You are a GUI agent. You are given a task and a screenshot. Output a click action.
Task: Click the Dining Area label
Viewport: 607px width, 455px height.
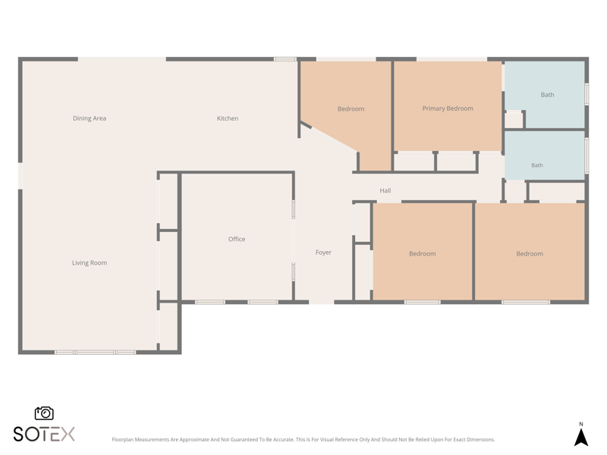click(90, 118)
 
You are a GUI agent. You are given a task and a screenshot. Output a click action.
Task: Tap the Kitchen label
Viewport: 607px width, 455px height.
click(228, 118)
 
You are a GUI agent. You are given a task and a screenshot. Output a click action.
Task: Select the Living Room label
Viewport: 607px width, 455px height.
click(90, 263)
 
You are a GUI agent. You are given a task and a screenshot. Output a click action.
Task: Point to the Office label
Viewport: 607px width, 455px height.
click(237, 239)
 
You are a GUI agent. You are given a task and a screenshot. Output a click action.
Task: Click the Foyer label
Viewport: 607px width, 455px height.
click(323, 253)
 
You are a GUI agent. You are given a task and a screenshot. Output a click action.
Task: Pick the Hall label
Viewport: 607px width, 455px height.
click(385, 190)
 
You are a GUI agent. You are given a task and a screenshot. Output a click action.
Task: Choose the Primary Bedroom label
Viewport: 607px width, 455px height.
click(448, 108)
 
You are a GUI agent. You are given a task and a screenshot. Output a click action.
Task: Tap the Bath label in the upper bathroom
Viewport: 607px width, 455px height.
click(547, 95)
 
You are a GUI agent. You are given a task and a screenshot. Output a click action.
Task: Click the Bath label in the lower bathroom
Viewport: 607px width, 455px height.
click(537, 165)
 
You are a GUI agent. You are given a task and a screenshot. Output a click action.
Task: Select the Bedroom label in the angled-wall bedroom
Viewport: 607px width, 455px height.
click(351, 109)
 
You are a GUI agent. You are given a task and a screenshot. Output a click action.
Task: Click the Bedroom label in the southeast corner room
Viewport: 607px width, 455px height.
click(530, 254)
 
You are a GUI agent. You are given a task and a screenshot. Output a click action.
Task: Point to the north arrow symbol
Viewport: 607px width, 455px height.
click(580, 438)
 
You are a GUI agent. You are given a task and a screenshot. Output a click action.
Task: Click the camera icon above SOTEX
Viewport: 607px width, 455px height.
click(44, 413)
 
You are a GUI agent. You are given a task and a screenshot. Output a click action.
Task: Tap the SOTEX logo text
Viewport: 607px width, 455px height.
click(44, 434)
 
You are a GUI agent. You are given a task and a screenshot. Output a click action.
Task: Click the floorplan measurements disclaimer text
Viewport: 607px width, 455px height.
click(303, 440)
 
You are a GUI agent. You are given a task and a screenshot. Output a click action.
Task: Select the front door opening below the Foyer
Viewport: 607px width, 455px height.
click(321, 302)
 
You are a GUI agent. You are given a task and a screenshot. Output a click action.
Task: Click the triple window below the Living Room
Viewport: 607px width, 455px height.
click(96, 352)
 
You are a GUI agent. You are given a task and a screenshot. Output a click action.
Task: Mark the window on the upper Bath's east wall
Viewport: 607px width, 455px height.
click(587, 93)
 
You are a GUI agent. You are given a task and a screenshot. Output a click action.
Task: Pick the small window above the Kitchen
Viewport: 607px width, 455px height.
click(285, 59)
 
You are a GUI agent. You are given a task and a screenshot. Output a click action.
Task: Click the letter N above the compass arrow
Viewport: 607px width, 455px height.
click(580, 424)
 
